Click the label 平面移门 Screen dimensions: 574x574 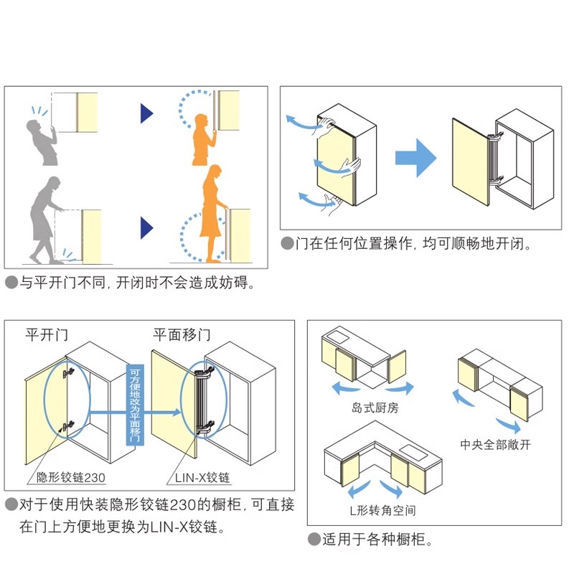[182, 334]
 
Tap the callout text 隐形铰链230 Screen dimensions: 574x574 [72, 477]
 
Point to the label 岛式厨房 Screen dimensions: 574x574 [375, 408]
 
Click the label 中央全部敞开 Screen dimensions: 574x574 [496, 445]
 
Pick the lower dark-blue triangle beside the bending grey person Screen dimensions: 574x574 [147, 227]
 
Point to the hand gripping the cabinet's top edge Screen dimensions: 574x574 [329, 122]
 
